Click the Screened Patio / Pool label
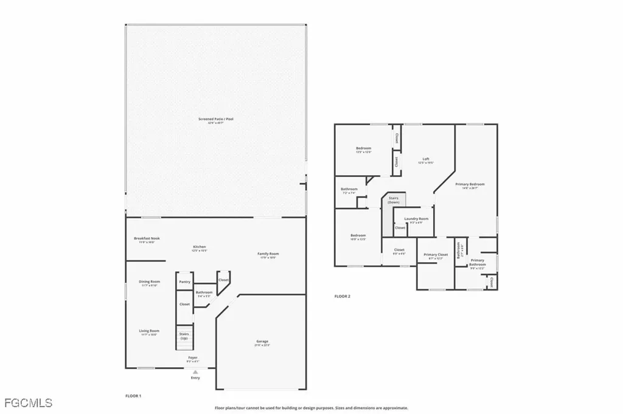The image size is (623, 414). (x=211, y=120)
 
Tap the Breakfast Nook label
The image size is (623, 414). (x=147, y=240)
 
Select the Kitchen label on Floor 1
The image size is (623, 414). (x=200, y=247)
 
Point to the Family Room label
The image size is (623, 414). (x=268, y=255)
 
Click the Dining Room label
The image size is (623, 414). (x=149, y=283)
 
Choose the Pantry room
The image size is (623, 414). (x=185, y=282)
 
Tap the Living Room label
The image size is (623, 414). (x=149, y=332)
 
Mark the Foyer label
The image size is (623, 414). (x=192, y=359)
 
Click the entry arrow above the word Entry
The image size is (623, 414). (x=195, y=372)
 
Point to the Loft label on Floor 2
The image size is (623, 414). (x=426, y=161)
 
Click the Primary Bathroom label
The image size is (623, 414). (x=478, y=262)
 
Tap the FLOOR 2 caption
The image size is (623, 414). (x=343, y=297)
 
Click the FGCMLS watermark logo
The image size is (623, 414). (x=27, y=402)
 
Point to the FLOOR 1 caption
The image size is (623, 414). (x=133, y=396)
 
